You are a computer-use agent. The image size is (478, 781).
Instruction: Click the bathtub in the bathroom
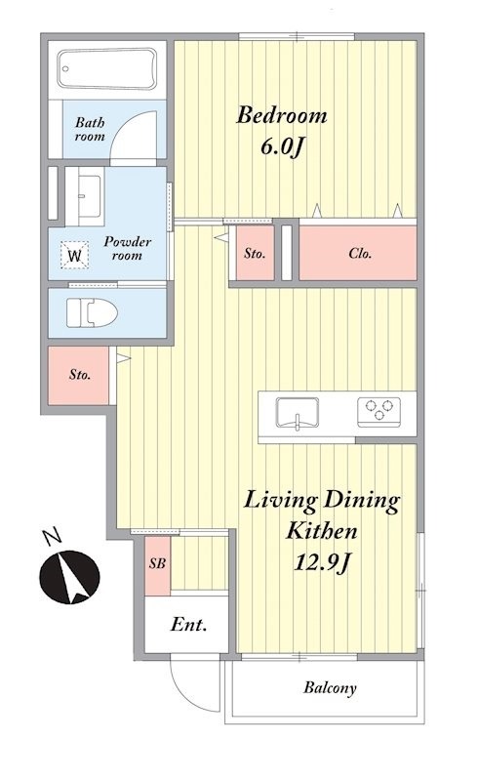coord(107,68)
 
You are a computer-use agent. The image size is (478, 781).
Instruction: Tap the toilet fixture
coord(92,312)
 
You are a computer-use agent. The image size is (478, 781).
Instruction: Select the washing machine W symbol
coord(75,256)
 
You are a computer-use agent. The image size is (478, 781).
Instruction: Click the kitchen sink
coord(298,412)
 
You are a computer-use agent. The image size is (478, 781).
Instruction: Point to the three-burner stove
coord(378,411)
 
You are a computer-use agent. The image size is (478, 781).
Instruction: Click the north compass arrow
coord(69,577)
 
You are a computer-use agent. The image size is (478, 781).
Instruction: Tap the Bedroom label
coord(282,115)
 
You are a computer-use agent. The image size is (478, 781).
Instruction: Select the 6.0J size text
coord(281,147)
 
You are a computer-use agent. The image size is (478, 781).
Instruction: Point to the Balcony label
coord(330,688)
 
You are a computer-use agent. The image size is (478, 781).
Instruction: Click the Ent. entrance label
coord(188,624)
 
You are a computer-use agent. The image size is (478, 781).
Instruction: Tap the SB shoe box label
coord(157,563)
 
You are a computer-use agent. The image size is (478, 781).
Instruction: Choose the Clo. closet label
coord(360,254)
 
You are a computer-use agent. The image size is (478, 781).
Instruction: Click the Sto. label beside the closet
coord(255,254)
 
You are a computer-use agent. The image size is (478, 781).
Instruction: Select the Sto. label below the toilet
coord(80,375)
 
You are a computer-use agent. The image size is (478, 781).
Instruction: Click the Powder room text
coord(127,249)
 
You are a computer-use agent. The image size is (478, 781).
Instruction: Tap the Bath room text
coord(90,129)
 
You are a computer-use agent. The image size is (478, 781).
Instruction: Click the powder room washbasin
coord(90,195)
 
